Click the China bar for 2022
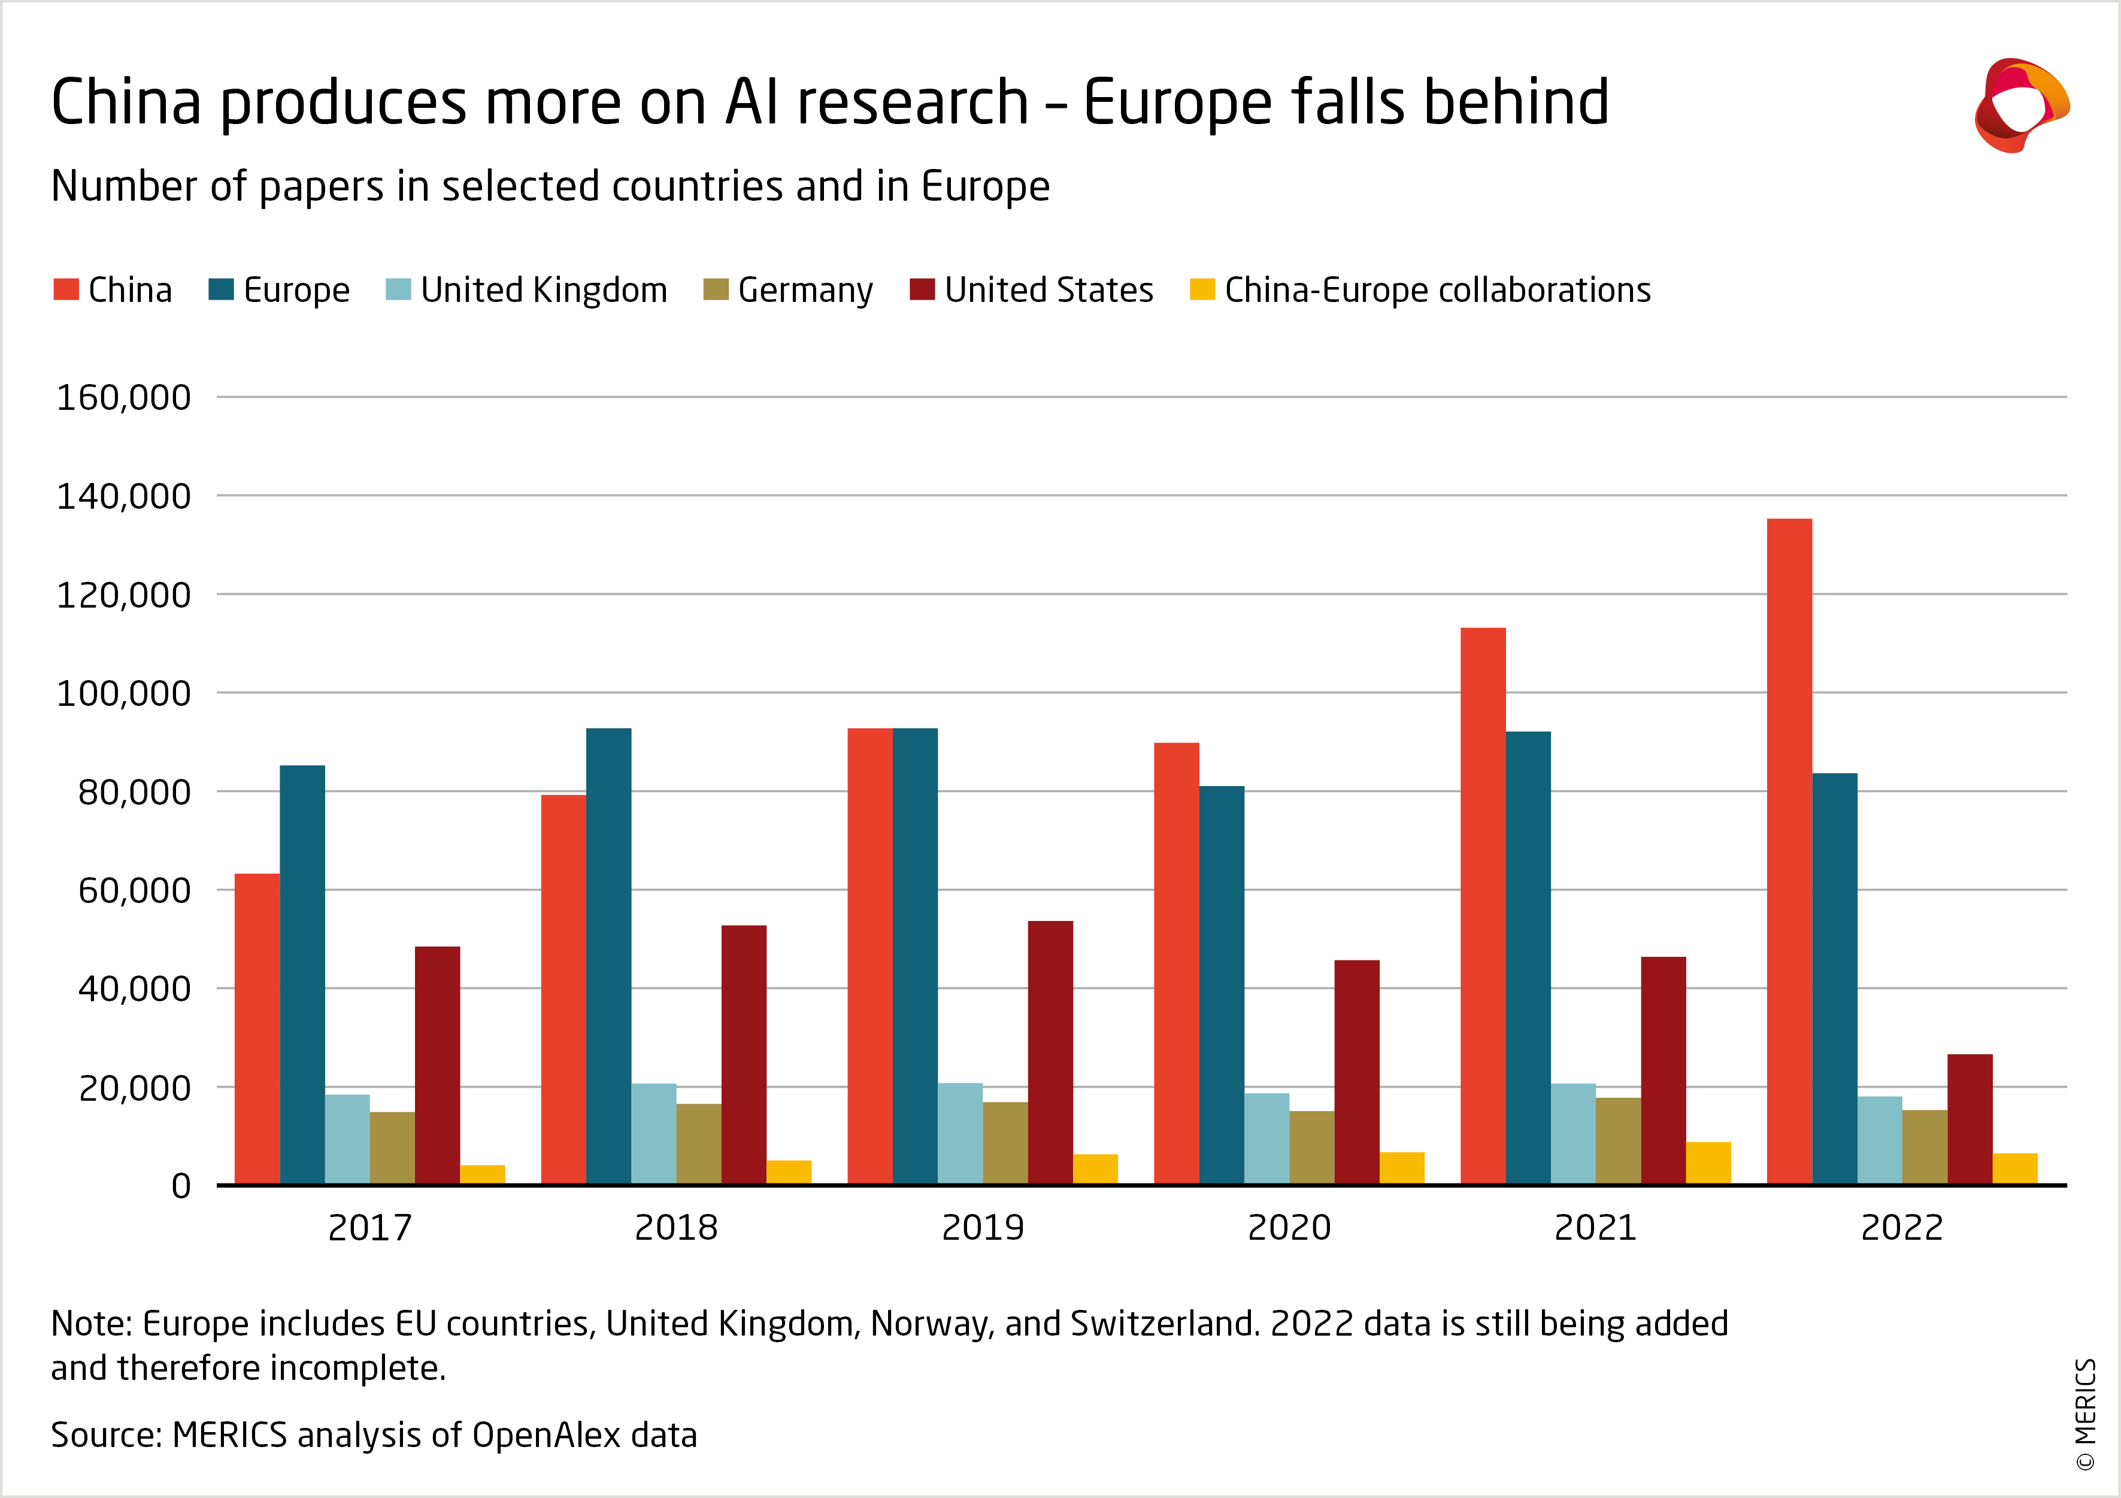tap(1789, 850)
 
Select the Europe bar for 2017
tap(302, 974)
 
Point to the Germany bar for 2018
tap(698, 1143)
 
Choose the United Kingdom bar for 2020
tap(1266, 1138)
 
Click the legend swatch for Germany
tap(716, 289)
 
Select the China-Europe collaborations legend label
tap(1437, 290)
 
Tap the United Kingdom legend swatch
tap(398, 289)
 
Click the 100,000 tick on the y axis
tap(124, 693)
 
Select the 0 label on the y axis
tap(181, 1186)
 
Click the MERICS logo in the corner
tap(2020, 104)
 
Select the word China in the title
tap(126, 102)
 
